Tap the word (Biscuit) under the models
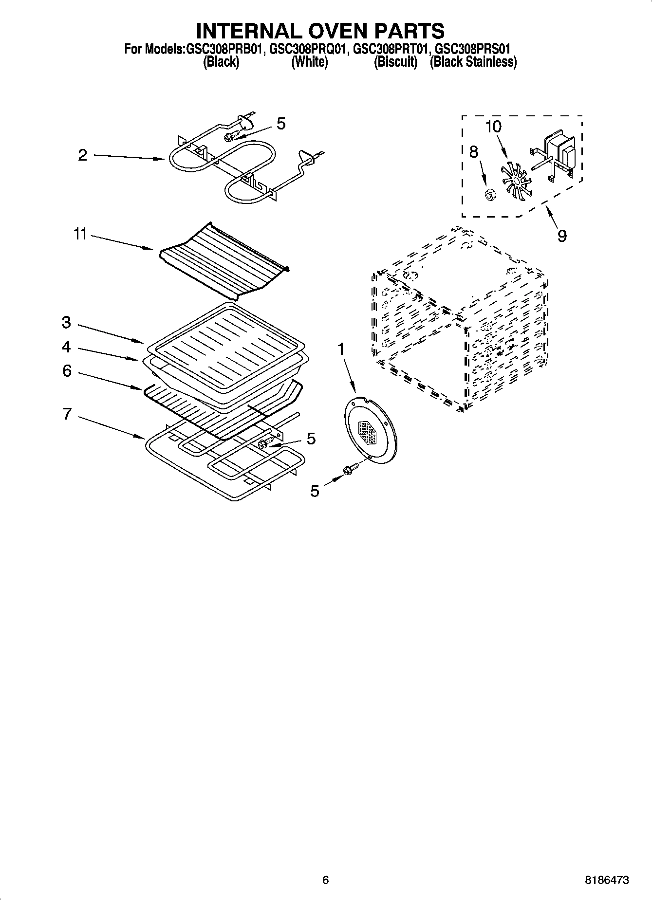395,62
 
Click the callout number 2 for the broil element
82,155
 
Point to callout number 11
80,235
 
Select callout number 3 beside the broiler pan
66,322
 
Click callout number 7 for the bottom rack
67,414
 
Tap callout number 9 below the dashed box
562,236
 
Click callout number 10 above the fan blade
493,127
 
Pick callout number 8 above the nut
473,152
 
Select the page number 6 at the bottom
326,880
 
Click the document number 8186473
606,880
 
